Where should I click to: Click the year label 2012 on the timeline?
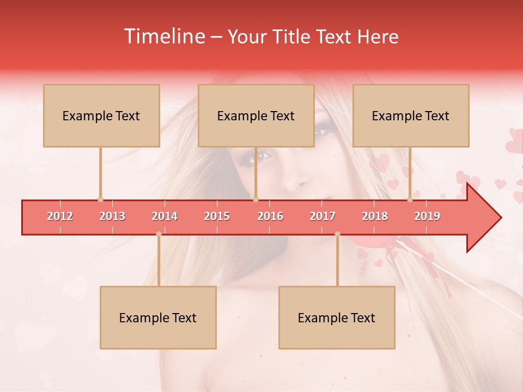click(60, 216)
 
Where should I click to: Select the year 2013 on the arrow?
click(112, 216)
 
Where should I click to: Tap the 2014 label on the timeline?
click(165, 216)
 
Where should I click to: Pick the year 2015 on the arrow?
click(217, 216)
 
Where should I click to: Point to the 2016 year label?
click(270, 216)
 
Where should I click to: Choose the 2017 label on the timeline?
click(323, 216)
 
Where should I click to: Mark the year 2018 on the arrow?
click(375, 216)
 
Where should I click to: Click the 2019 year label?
click(427, 216)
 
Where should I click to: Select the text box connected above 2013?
click(101, 116)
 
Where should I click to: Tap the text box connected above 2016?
click(256, 116)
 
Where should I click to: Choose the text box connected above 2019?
click(411, 116)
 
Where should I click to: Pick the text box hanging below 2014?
click(158, 318)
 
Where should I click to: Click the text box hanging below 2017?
click(337, 318)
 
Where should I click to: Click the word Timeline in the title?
click(163, 36)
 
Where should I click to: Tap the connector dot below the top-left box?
click(100, 199)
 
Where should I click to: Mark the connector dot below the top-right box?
click(410, 199)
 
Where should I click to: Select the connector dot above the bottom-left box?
click(159, 234)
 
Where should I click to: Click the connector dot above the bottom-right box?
click(337, 234)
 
